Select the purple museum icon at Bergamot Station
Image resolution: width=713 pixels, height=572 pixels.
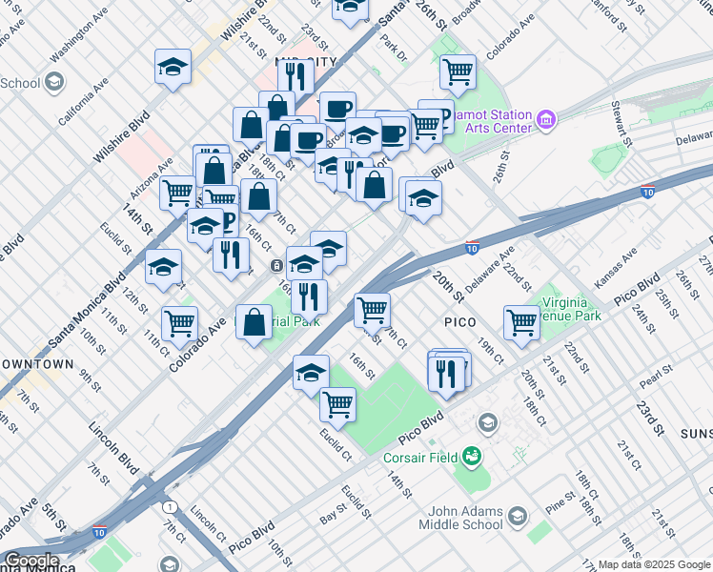[546, 120]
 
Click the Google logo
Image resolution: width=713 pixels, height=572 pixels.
[31, 561]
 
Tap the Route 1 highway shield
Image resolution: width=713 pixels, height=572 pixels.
[170, 506]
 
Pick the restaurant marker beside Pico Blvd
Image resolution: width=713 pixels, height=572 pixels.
[448, 371]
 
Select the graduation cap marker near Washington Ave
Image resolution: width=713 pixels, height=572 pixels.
[173, 67]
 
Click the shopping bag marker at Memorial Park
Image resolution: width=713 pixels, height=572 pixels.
[255, 322]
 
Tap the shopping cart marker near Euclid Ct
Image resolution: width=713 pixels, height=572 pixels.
[337, 404]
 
